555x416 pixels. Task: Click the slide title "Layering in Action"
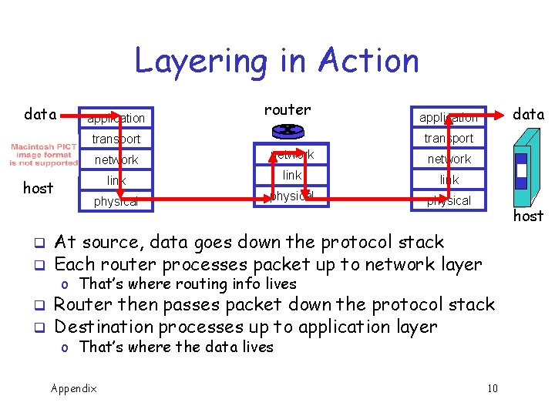(277, 60)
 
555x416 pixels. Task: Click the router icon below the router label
(288, 131)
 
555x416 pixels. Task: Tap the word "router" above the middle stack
(288, 109)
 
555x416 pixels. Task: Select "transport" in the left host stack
(116, 139)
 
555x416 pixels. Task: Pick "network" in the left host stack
(116, 159)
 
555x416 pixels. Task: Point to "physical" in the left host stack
(116, 202)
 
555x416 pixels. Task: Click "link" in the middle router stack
(292, 175)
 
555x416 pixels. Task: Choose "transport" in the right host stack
(449, 139)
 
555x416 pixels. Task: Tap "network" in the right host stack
(449, 159)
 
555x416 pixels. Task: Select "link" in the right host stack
(449, 180)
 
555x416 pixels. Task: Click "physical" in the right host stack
(449, 201)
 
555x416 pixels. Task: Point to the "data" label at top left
(40, 115)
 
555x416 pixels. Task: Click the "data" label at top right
(529, 114)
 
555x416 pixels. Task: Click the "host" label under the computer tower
(529, 216)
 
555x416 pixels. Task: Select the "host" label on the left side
(39, 188)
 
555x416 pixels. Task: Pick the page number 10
(493, 387)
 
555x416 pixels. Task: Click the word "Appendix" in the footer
(74, 387)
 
